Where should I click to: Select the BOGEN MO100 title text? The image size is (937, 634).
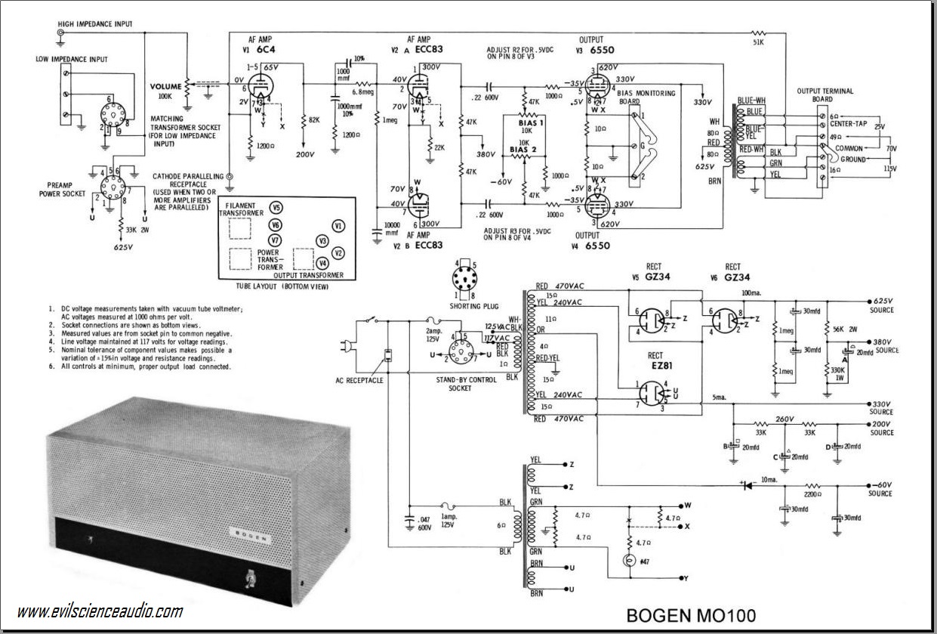coord(690,616)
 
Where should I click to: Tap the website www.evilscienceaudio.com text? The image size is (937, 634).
coord(99,611)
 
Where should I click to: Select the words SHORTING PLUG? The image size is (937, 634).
coord(471,305)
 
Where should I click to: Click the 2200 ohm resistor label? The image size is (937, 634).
coord(813,493)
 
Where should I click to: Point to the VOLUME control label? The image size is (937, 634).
coord(165,87)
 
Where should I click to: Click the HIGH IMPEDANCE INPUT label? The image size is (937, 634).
coord(95,24)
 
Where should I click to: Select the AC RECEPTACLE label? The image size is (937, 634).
coord(359,380)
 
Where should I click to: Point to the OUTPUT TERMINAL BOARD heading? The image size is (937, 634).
coord(825,95)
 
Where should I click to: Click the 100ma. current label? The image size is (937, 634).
coord(752,292)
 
